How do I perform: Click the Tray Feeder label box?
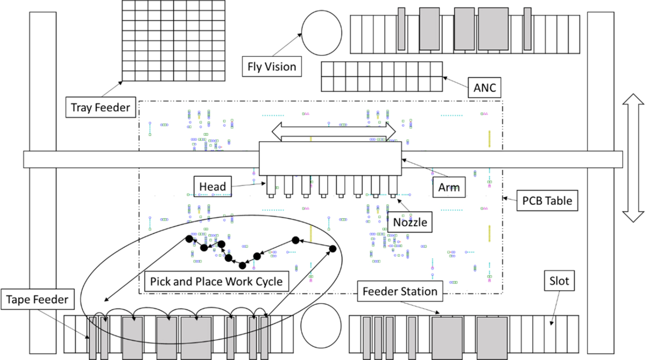100,108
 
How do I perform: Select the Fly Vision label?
272,67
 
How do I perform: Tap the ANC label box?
485,87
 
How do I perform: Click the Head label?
213,186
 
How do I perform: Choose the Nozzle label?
410,223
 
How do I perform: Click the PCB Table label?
547,201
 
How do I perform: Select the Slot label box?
559,280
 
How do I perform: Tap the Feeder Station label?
400,291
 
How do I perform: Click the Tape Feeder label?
37,300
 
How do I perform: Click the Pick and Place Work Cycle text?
217,281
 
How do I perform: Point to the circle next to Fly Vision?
322,32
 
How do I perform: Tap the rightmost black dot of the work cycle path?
333,249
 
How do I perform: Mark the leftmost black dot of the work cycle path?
188,238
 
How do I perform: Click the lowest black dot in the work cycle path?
242,265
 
